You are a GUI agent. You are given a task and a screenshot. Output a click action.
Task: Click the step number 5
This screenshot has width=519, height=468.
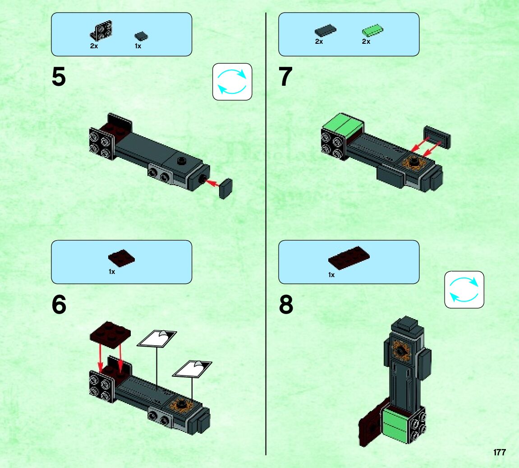point(59,77)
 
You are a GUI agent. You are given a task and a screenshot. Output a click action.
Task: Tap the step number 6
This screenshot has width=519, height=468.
point(59,304)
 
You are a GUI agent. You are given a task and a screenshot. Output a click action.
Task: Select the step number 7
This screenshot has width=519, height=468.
point(285,77)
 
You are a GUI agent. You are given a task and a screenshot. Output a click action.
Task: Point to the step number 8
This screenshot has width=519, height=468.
point(286,304)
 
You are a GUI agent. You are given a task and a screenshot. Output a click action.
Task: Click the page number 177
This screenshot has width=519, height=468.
point(500,453)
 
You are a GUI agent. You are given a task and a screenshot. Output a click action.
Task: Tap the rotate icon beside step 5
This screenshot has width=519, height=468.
point(232,82)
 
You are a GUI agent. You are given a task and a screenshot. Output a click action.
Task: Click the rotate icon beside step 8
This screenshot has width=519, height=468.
point(464,290)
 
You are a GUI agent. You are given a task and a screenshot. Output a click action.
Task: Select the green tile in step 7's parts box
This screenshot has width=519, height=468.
point(372,31)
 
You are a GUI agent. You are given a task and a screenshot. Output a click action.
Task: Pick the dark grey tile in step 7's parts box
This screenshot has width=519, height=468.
point(326,31)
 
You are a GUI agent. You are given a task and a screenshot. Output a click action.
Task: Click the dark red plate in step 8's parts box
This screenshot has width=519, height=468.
point(349,258)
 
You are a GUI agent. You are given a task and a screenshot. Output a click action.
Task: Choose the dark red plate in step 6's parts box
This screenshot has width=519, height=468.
point(121,258)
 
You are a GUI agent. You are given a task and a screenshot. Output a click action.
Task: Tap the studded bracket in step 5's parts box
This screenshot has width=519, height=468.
point(101,31)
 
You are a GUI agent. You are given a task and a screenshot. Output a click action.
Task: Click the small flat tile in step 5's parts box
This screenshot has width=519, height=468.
point(141,36)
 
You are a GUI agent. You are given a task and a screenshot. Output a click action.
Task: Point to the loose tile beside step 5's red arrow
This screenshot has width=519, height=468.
point(226,189)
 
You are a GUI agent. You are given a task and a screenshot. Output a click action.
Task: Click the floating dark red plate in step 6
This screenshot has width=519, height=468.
point(110,334)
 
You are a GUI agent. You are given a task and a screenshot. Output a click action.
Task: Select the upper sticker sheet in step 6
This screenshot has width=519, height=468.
point(157,338)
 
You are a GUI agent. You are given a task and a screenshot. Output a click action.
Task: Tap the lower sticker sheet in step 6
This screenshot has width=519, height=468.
point(192,369)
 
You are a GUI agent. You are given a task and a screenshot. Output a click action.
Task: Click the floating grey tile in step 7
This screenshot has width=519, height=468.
point(437,136)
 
